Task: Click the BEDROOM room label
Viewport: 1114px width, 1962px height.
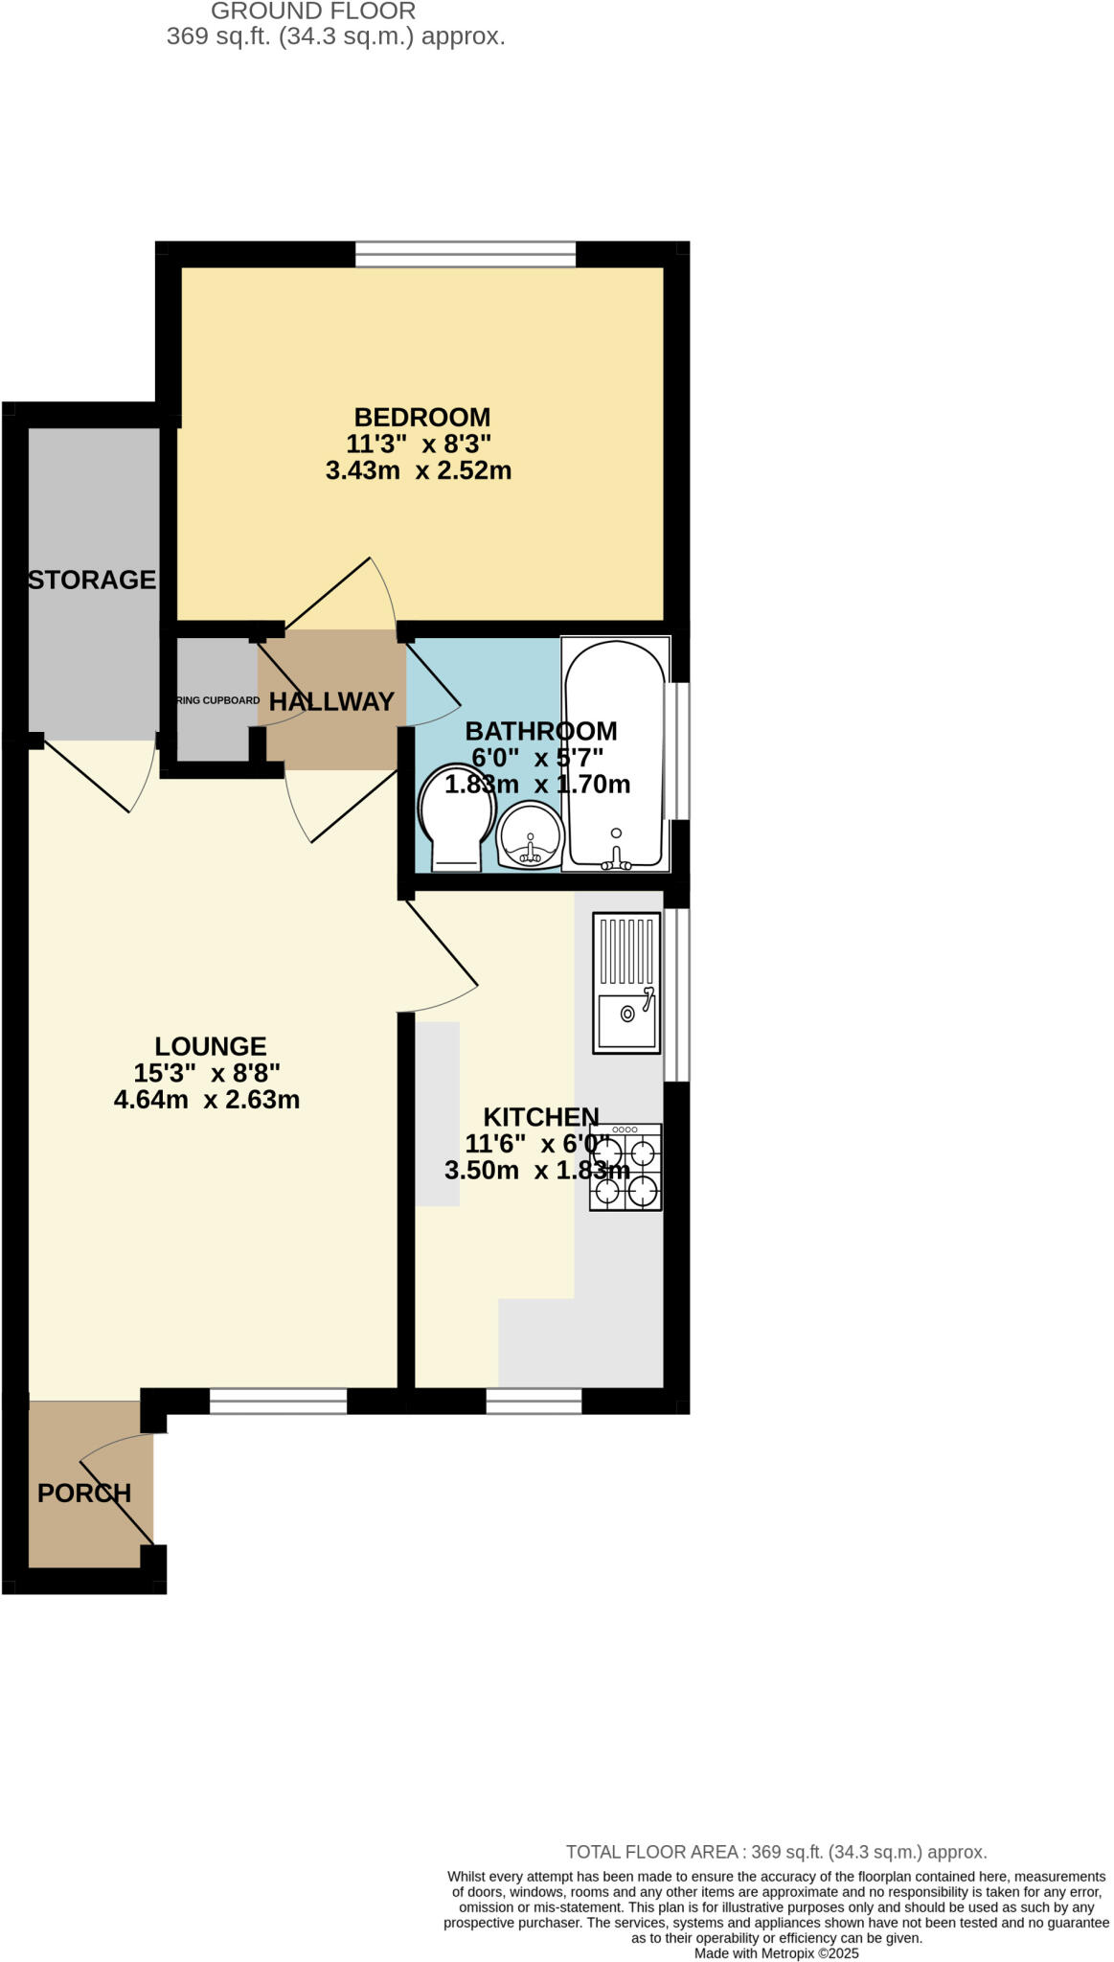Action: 421,418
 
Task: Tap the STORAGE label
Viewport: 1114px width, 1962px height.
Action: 92,580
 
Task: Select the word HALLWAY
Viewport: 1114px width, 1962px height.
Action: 331,702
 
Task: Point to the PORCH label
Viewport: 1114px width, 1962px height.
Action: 84,1493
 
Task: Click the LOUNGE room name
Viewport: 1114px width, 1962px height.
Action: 211,1046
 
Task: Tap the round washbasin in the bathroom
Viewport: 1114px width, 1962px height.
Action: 529,837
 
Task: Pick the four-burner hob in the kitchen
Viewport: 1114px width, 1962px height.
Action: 625,1168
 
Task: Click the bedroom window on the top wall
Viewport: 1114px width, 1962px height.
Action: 466,254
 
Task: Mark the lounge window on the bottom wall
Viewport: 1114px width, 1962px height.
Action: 278,1402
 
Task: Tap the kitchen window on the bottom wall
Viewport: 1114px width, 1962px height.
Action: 534,1402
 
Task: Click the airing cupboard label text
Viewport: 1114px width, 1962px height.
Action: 217,700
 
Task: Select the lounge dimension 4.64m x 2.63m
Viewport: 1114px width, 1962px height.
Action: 207,1100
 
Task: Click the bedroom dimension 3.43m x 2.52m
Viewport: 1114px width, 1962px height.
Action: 419,471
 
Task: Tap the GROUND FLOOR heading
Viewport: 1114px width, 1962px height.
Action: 313,11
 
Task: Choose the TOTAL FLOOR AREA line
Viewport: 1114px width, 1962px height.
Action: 776,1852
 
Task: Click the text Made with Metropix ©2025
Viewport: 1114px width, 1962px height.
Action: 776,1953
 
